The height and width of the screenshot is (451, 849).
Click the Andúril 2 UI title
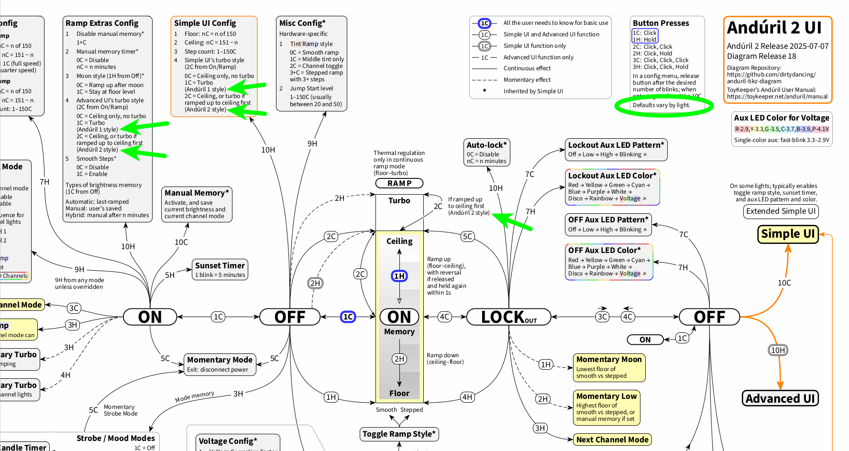(774, 28)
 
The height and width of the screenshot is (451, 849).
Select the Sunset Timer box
(220, 270)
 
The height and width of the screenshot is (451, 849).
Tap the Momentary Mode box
(220, 364)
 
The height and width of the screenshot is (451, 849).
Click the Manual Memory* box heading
(197, 193)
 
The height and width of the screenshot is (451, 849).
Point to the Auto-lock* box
(486, 153)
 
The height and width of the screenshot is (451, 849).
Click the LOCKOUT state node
(508, 317)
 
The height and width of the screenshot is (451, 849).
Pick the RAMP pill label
(399, 183)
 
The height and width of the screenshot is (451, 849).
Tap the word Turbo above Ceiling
(399, 201)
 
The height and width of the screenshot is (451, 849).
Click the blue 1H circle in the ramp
(399, 276)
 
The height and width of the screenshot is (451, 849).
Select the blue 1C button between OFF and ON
(348, 317)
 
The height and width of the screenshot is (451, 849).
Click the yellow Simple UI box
(788, 234)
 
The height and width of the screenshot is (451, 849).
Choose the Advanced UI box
(780, 398)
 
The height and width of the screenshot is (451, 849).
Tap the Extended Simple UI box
(781, 211)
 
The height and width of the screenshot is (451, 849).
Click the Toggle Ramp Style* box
(399, 434)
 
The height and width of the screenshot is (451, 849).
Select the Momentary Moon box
(609, 367)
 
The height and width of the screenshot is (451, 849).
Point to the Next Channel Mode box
(612, 440)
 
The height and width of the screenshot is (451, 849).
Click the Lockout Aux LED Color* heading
(612, 176)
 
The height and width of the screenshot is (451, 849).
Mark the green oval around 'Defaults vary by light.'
(664, 106)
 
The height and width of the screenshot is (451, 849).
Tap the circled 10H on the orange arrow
(778, 350)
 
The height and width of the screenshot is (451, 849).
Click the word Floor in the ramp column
(399, 393)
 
